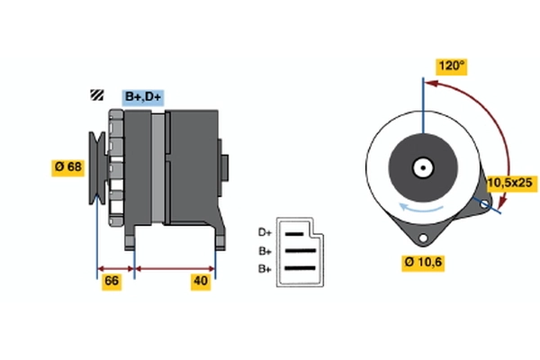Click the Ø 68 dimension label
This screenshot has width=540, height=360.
point(68,166)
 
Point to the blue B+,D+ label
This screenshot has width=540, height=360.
point(142,97)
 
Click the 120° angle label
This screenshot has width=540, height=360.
point(452,66)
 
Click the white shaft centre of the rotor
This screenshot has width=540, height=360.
point(421,166)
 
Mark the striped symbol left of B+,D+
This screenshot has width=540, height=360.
point(95,96)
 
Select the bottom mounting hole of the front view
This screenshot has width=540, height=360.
point(422,236)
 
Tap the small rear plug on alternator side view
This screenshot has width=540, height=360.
point(225,167)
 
